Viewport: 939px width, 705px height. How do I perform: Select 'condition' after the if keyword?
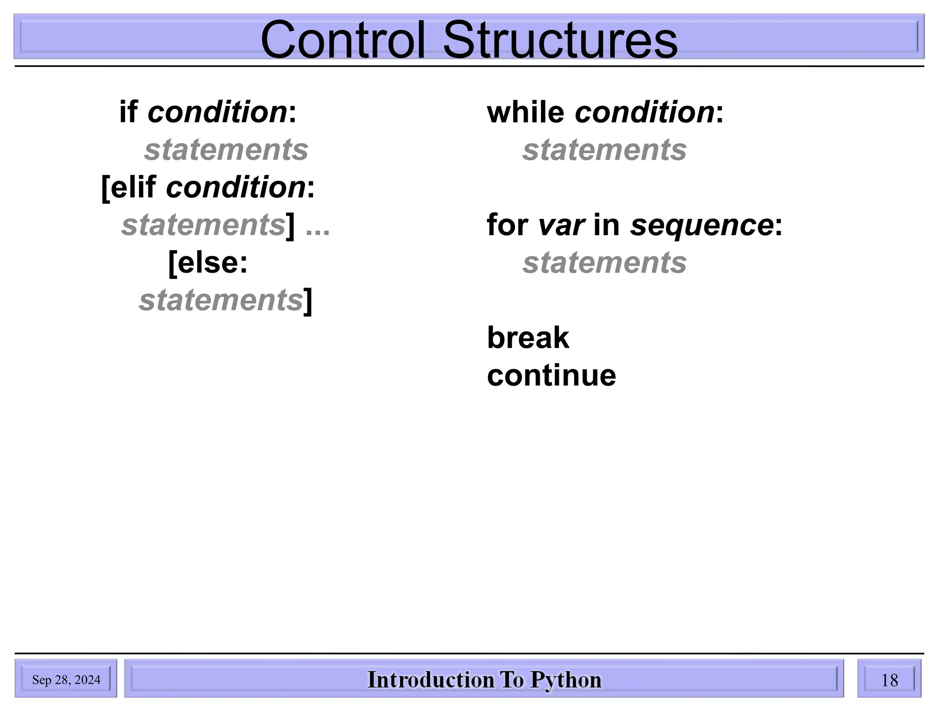(x=217, y=112)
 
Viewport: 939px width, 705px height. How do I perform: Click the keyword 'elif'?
(x=133, y=188)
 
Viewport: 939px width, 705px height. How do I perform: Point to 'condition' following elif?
(x=236, y=188)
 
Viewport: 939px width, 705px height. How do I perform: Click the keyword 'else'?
(x=207, y=263)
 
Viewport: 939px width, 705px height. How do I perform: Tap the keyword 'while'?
(x=525, y=112)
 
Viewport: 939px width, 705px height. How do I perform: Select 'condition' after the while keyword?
(x=645, y=112)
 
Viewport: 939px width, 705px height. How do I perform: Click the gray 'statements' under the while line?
(x=604, y=150)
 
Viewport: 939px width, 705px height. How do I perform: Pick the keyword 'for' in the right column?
(x=508, y=225)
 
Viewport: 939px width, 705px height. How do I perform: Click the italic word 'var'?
(x=561, y=225)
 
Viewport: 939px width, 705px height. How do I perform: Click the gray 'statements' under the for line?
(x=604, y=263)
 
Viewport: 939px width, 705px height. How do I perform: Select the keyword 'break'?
(x=528, y=338)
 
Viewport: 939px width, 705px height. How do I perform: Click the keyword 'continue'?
(x=551, y=375)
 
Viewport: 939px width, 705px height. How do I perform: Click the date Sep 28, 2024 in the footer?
(x=66, y=680)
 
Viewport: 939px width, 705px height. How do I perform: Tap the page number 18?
(x=889, y=680)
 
